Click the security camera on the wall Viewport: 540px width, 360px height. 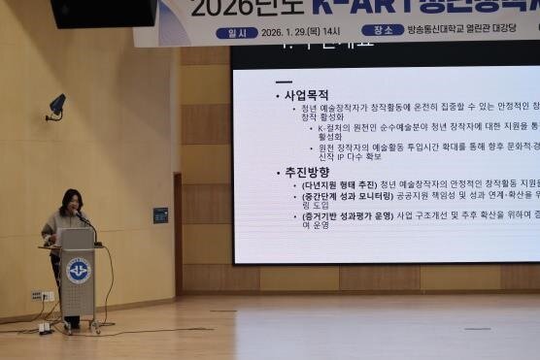(56, 105)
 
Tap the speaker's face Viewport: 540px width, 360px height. (72, 205)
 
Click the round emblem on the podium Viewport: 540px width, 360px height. (79, 270)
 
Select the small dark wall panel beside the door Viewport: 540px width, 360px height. (160, 215)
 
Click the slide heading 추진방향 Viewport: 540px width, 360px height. (306, 172)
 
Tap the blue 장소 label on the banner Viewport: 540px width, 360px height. (382, 30)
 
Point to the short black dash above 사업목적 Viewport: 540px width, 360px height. (284, 82)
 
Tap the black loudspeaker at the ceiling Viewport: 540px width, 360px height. (103, 12)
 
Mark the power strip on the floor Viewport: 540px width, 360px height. (45, 327)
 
